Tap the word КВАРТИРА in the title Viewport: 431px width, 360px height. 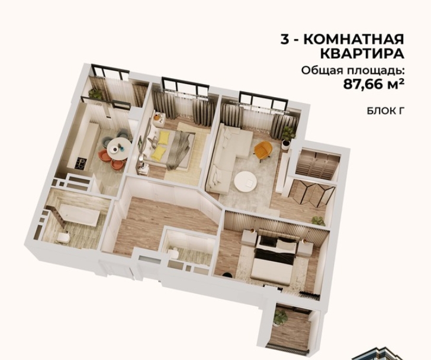[362, 54]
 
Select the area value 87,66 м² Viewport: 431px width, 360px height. [374, 84]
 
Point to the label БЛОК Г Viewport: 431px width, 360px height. [386, 111]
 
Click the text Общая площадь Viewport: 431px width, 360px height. [353, 70]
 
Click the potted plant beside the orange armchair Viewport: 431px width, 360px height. [288, 134]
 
